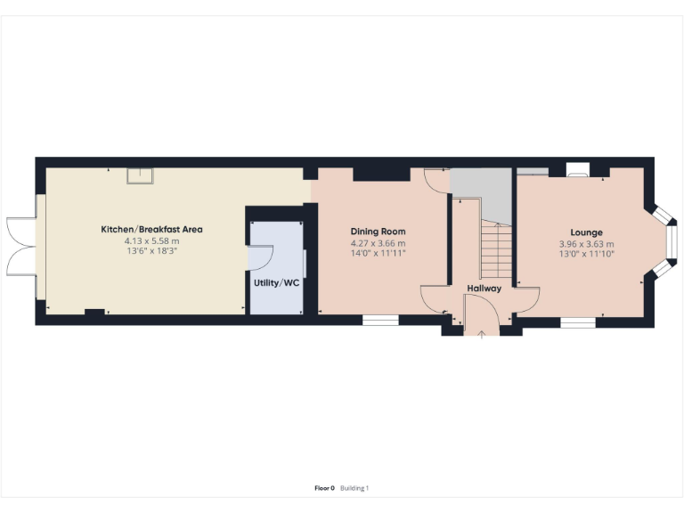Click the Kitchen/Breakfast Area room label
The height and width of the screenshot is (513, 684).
[151, 229]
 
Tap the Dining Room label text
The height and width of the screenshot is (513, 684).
[379, 231]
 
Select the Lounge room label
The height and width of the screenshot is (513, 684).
[586, 232]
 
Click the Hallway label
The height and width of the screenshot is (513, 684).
[484, 289]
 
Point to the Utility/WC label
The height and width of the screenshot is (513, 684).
[276, 282]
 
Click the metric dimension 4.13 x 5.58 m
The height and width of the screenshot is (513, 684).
[151, 241]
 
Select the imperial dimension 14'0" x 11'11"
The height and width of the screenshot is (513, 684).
[379, 254]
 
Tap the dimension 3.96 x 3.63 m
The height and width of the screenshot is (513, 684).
[586, 244]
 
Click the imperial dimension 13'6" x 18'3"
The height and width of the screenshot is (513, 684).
[151, 252]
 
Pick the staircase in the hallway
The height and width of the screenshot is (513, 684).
[496, 249]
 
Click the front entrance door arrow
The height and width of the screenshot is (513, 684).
[482, 334]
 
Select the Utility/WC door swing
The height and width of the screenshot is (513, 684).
[261, 257]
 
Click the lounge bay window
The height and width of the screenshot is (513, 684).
[664, 240]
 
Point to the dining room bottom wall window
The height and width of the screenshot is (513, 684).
[380, 320]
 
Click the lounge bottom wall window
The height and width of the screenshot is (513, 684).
[577, 322]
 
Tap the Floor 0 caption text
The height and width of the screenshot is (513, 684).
[324, 488]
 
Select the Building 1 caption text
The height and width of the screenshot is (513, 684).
[354, 488]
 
